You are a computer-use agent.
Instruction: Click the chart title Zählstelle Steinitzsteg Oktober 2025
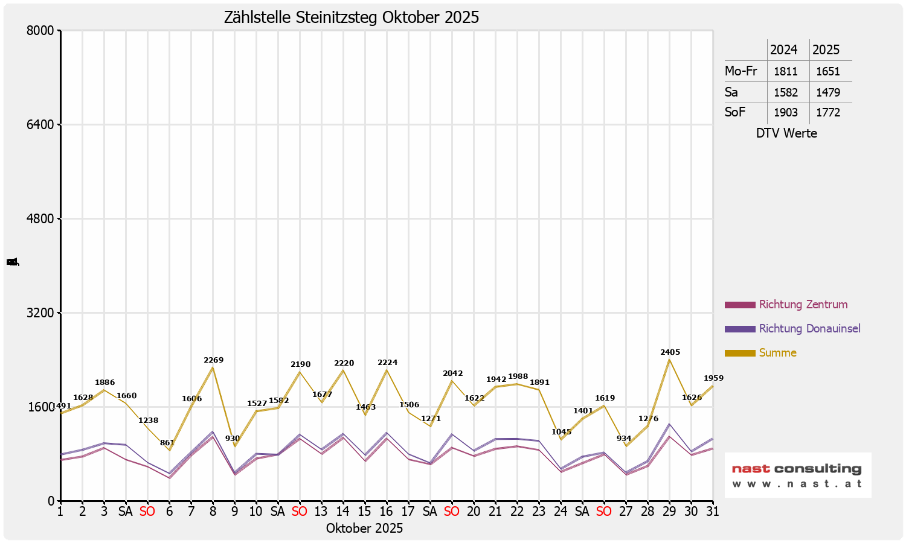point(352,17)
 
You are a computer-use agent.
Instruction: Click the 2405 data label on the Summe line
point(670,352)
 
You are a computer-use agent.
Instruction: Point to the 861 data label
point(167,443)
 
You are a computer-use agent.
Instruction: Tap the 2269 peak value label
point(213,360)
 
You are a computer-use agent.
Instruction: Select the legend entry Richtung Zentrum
point(803,305)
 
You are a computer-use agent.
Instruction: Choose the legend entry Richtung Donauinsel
point(809,329)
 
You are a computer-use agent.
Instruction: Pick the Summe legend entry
point(777,353)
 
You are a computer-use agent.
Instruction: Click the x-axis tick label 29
point(669,512)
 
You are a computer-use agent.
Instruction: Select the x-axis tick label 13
point(321,512)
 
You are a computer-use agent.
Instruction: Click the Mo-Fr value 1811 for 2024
point(786,71)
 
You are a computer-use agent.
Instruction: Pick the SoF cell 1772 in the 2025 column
point(827,112)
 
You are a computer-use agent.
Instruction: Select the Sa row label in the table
point(731,92)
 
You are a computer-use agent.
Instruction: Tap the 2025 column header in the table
point(826,49)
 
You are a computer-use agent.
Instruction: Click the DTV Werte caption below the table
point(786,133)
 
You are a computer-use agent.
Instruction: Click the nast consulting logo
point(797,475)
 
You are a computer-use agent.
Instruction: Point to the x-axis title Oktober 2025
point(364,529)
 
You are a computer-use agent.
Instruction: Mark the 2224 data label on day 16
point(387,363)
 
